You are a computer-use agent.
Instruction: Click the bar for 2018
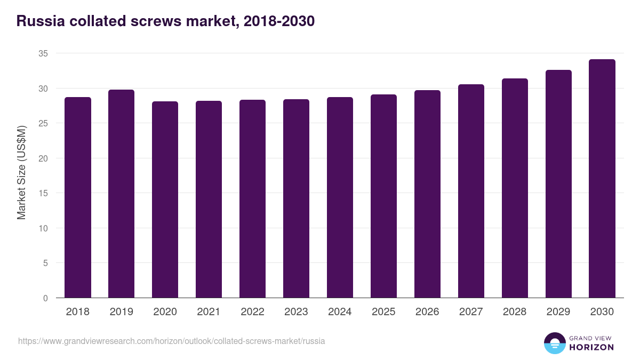(x=78, y=197)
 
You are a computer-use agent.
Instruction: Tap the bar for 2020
(x=165, y=199)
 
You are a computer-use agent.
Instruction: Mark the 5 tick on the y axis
(x=45, y=263)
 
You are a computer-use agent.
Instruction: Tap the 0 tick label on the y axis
(x=45, y=298)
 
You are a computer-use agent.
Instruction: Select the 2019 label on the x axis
(x=122, y=312)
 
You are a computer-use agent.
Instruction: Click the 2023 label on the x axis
(x=296, y=312)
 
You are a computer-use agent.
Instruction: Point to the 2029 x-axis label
(x=558, y=312)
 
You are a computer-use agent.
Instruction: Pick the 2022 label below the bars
(x=252, y=312)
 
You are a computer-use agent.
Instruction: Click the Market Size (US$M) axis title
(x=22, y=172)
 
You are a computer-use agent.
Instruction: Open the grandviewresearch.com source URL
(x=171, y=341)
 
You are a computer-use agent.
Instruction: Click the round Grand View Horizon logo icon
(x=555, y=343)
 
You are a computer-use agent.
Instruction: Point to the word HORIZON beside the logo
(x=591, y=347)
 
